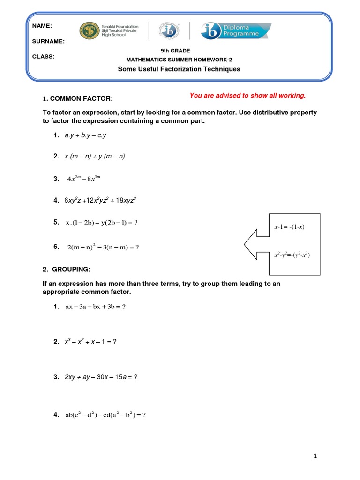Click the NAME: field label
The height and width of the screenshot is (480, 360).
point(42,26)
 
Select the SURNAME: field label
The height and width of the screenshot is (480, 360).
point(49,41)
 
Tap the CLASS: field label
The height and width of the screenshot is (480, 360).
point(44,57)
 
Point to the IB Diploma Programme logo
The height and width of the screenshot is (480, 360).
point(236,31)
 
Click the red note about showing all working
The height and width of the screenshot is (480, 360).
point(247,96)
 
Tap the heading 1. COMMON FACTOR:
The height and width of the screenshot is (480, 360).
point(78,98)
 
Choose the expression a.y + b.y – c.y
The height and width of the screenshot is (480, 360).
point(86,135)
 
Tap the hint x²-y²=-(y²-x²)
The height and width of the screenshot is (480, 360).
point(292,255)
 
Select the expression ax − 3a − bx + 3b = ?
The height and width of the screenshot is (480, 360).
point(96,307)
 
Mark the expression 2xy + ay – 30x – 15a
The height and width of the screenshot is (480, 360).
point(101,377)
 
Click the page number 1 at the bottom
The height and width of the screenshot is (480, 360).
point(316,456)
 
